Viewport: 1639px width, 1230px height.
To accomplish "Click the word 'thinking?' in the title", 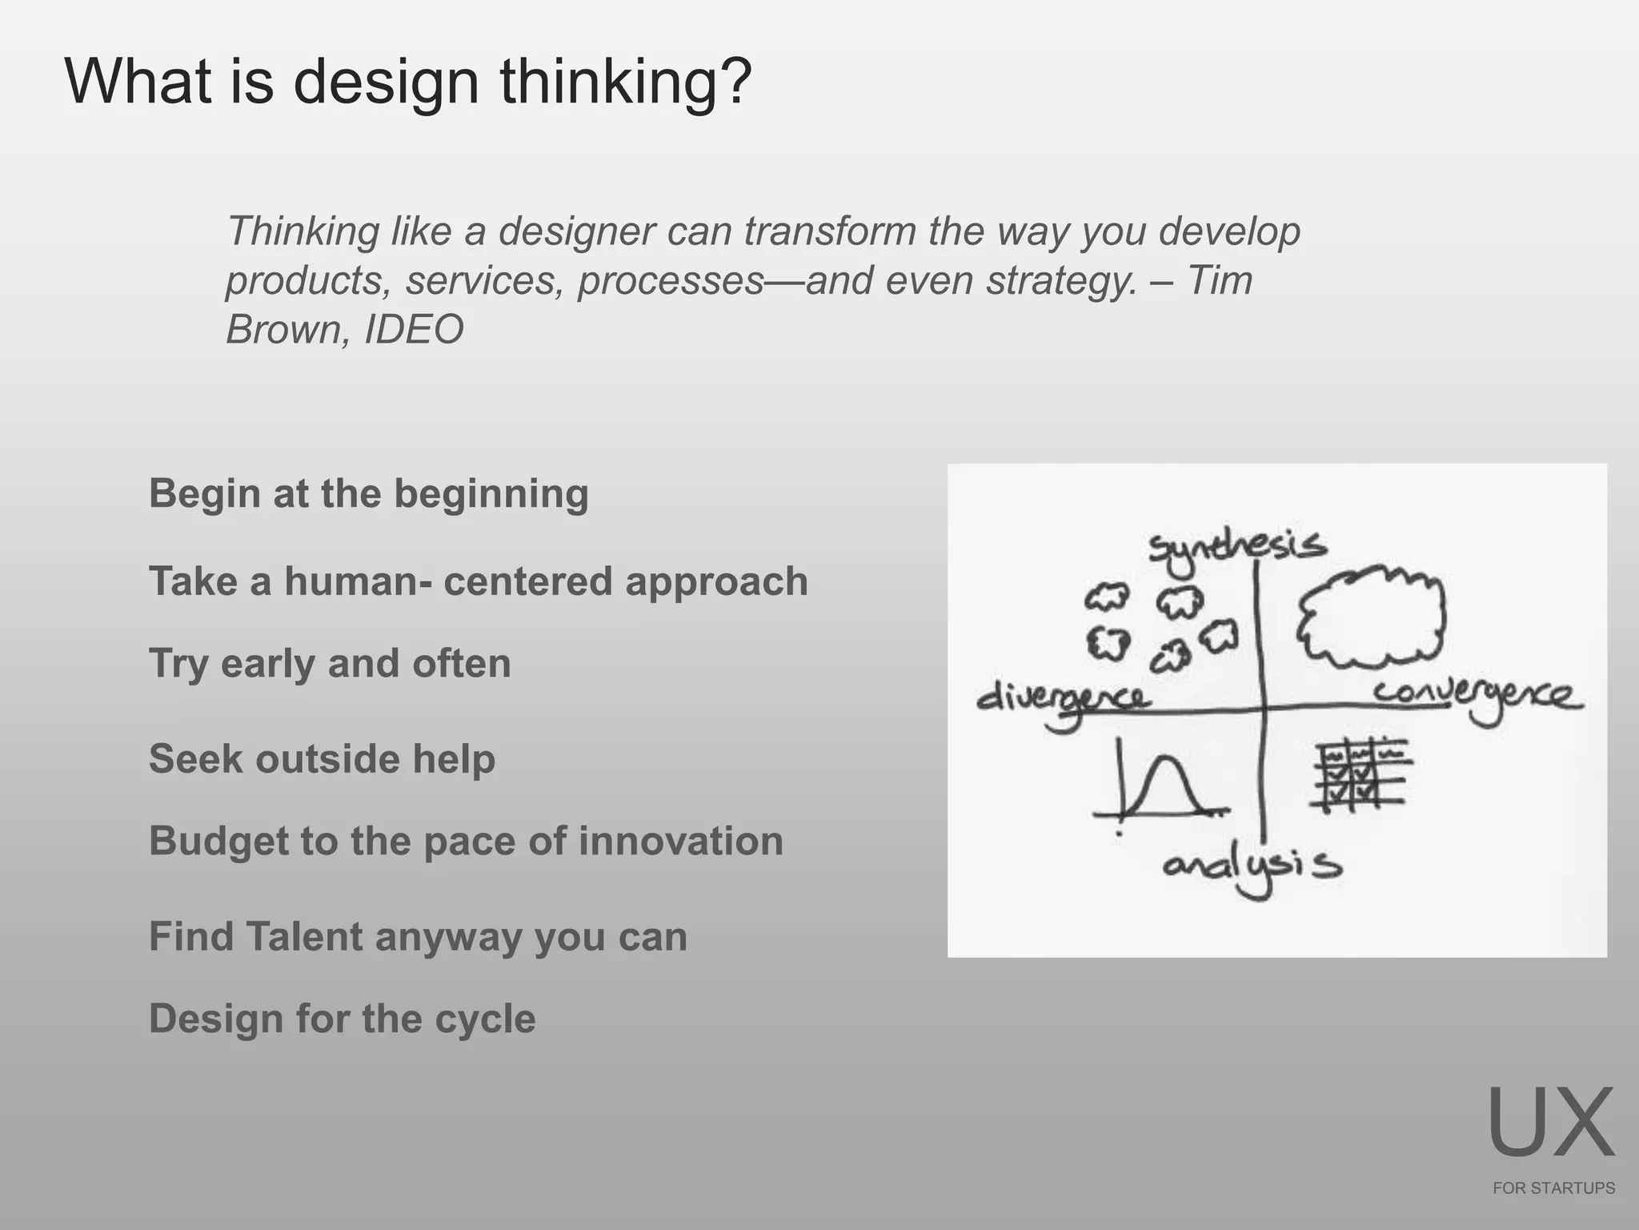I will pos(626,82).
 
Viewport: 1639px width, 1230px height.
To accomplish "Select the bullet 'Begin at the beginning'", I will pos(368,493).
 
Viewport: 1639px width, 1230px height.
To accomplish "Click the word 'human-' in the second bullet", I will pos(359,581).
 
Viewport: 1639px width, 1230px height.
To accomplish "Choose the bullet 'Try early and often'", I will pos(330,664).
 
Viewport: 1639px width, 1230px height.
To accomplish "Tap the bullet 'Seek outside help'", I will pos(322,758).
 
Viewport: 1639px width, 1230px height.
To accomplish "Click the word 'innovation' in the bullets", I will pos(680,841).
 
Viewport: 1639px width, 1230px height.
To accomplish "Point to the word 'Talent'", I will pos(304,936).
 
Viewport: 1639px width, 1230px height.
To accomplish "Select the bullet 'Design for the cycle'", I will pos(342,1019).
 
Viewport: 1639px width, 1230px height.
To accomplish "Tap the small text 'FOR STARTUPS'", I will pos(1553,1188).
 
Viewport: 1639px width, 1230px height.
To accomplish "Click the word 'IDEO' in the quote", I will pos(414,329).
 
